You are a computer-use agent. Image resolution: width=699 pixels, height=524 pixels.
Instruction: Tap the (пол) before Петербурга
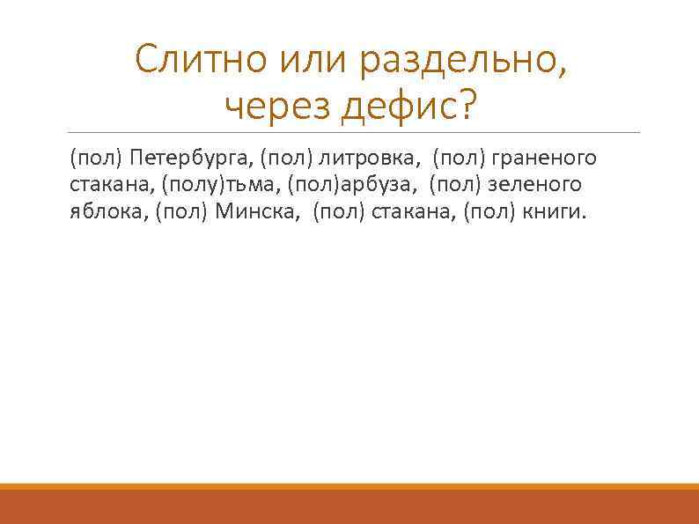[x=97, y=159]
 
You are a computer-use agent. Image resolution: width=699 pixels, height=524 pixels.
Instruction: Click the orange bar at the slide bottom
[x=349, y=505]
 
